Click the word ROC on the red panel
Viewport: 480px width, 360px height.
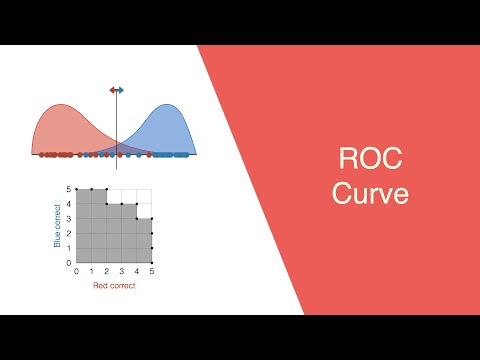click(x=371, y=161)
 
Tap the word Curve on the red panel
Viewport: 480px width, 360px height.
click(x=371, y=193)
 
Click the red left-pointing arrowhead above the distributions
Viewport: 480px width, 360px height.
click(x=112, y=90)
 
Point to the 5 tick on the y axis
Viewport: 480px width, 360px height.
click(x=69, y=189)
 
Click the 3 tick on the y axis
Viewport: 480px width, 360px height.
click(x=69, y=219)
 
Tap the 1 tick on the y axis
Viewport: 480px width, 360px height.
click(x=69, y=248)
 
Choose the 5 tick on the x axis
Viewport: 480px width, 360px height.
click(x=151, y=271)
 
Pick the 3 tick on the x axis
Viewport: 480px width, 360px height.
click(x=121, y=271)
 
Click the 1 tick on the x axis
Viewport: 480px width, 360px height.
click(x=91, y=271)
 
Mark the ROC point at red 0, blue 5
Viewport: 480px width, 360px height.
click(x=76, y=189)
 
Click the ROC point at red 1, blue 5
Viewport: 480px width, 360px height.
click(x=91, y=189)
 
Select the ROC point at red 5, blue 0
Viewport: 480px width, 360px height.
click(x=151, y=263)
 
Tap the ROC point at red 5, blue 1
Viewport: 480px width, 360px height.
click(x=151, y=248)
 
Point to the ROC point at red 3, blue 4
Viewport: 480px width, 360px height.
click(x=121, y=204)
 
